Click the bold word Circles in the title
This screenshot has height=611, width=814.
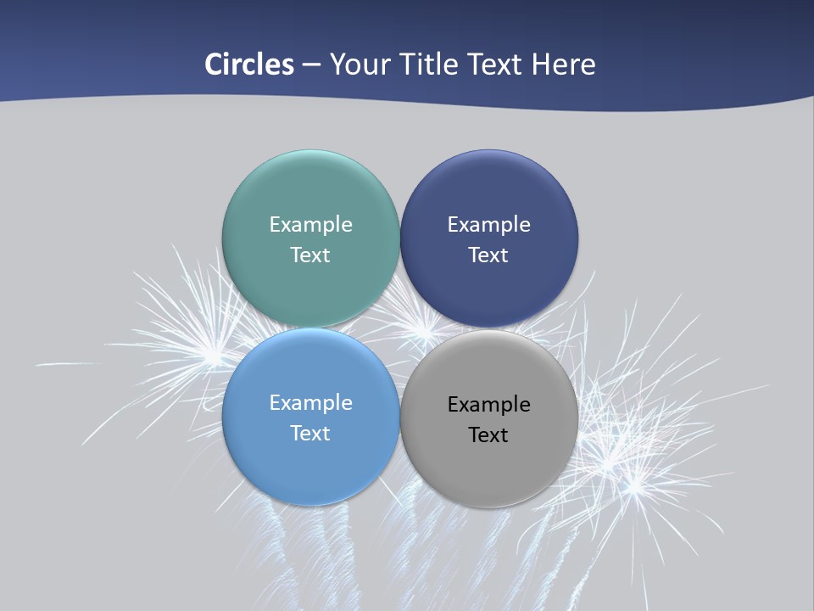point(248,64)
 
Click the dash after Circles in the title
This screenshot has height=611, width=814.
point(311,65)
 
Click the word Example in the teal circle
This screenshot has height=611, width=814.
point(310,224)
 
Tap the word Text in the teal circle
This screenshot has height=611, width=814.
point(310,255)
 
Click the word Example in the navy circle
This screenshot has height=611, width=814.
point(488,224)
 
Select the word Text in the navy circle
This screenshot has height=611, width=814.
point(488,255)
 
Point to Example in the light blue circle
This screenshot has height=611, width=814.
point(310,402)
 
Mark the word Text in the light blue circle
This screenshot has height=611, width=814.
point(310,433)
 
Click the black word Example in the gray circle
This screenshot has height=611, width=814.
point(488,404)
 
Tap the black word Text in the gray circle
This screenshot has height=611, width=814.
point(488,434)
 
